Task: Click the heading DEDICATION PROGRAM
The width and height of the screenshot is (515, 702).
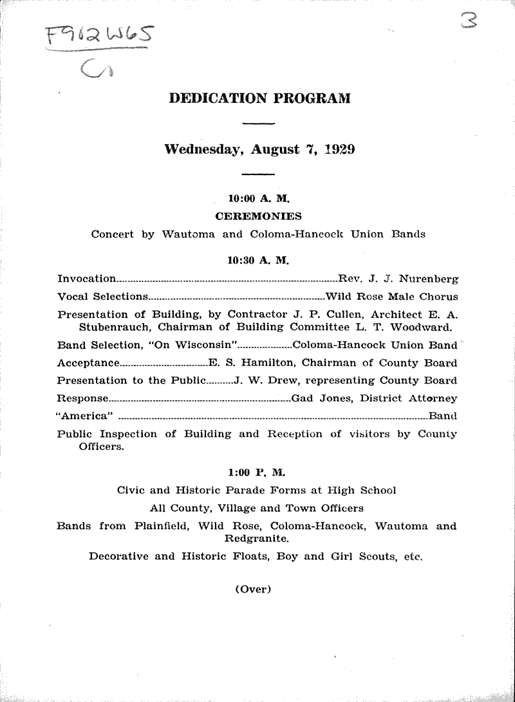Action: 259,98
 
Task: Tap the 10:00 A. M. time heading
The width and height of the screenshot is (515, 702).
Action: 258,200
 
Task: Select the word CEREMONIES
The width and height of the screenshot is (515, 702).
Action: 258,216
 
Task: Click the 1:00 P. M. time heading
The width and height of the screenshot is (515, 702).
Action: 257,472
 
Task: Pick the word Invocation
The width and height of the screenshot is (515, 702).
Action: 86,279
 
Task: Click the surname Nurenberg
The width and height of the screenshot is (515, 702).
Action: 428,279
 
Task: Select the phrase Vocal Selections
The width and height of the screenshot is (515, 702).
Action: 102,297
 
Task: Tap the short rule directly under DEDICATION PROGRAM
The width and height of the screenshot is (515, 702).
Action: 258,123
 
